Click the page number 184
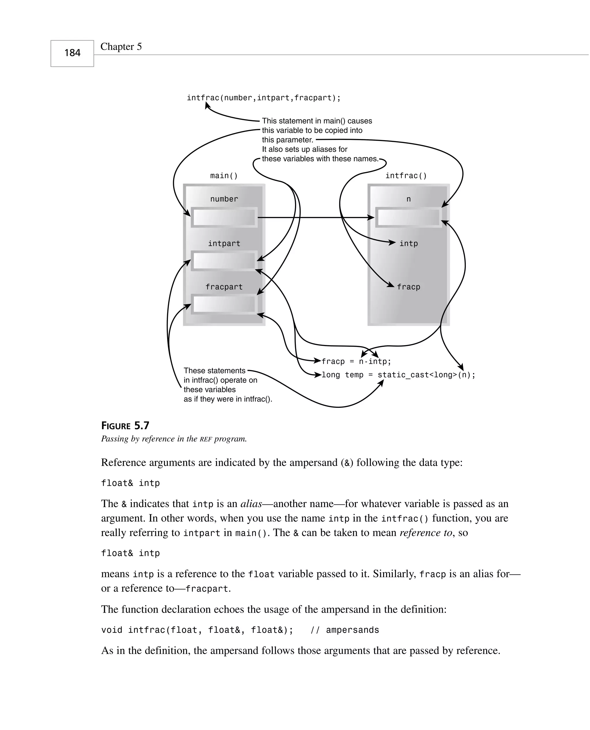(x=72, y=53)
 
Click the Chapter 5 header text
(x=121, y=47)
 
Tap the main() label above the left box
(x=224, y=176)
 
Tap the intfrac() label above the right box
(x=406, y=176)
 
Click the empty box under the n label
(x=409, y=217)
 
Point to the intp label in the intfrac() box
(x=409, y=243)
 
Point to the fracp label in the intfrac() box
(x=409, y=287)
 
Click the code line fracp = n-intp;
(x=356, y=362)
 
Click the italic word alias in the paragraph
(x=251, y=504)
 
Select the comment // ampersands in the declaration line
(x=345, y=630)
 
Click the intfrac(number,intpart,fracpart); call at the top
(x=263, y=98)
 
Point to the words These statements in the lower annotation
(x=214, y=371)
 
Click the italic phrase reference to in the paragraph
(x=426, y=533)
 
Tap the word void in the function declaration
(x=112, y=630)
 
